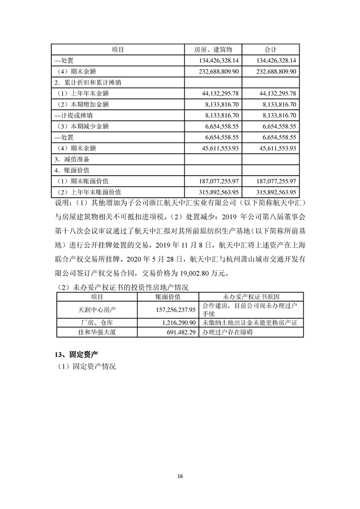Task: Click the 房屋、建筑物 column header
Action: [213, 49]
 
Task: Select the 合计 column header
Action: [271, 49]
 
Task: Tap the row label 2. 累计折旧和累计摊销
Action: [87, 83]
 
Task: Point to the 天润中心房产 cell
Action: [97, 310]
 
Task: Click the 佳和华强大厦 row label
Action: [97, 332]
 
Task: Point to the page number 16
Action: [180, 476]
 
